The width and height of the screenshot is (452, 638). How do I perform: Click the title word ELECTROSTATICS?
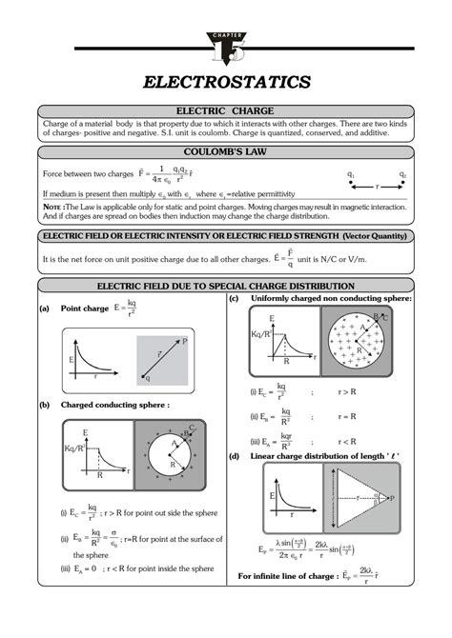coord(226,83)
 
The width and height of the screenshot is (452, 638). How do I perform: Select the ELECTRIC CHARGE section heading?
coord(226,111)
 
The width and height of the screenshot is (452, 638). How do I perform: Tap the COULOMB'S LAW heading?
coord(226,150)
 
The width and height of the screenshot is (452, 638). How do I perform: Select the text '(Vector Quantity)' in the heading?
coord(359,235)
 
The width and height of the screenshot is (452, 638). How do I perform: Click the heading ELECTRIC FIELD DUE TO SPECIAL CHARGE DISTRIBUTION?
coord(226,286)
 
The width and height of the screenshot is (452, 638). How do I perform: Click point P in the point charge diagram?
coord(184,341)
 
